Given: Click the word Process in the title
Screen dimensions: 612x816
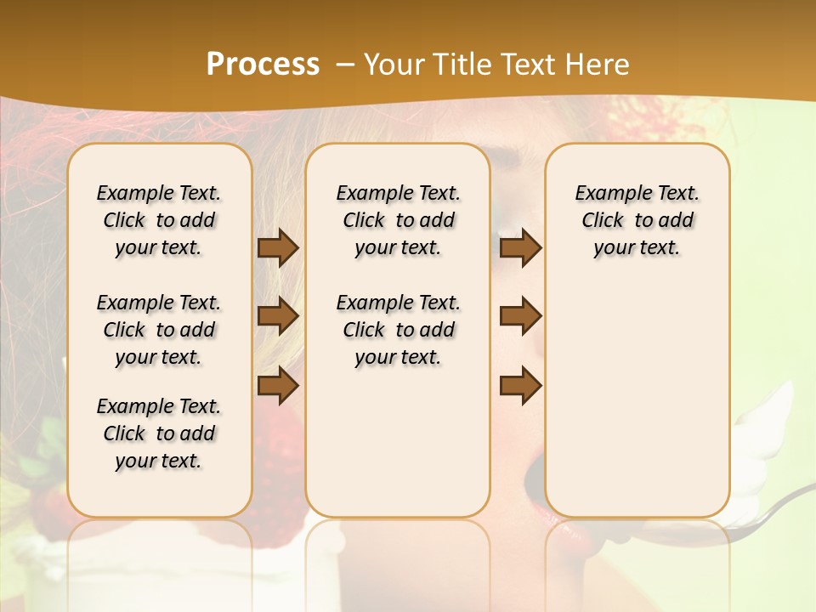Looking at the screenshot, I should [263, 65].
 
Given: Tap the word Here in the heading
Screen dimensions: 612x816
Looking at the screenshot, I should [598, 65].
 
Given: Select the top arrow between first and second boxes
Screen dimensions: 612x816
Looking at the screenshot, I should [278, 248].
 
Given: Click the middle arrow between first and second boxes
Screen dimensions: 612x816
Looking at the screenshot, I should [278, 316].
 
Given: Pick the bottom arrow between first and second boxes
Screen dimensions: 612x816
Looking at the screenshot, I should [278, 385].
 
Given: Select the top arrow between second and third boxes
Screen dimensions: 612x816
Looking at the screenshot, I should [520, 248].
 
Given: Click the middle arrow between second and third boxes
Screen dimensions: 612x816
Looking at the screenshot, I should [520, 316].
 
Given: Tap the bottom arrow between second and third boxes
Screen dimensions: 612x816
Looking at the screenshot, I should [520, 385].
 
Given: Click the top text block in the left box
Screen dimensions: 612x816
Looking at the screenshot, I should [159, 220].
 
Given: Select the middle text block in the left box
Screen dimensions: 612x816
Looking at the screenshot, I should [159, 330].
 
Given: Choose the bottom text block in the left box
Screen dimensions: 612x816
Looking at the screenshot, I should [159, 433].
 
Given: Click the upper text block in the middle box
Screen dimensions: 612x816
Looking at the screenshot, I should [398, 220].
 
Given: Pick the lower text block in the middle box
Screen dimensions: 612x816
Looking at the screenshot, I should [398, 330].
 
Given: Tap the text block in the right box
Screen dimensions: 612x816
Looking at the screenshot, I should [637, 220].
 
